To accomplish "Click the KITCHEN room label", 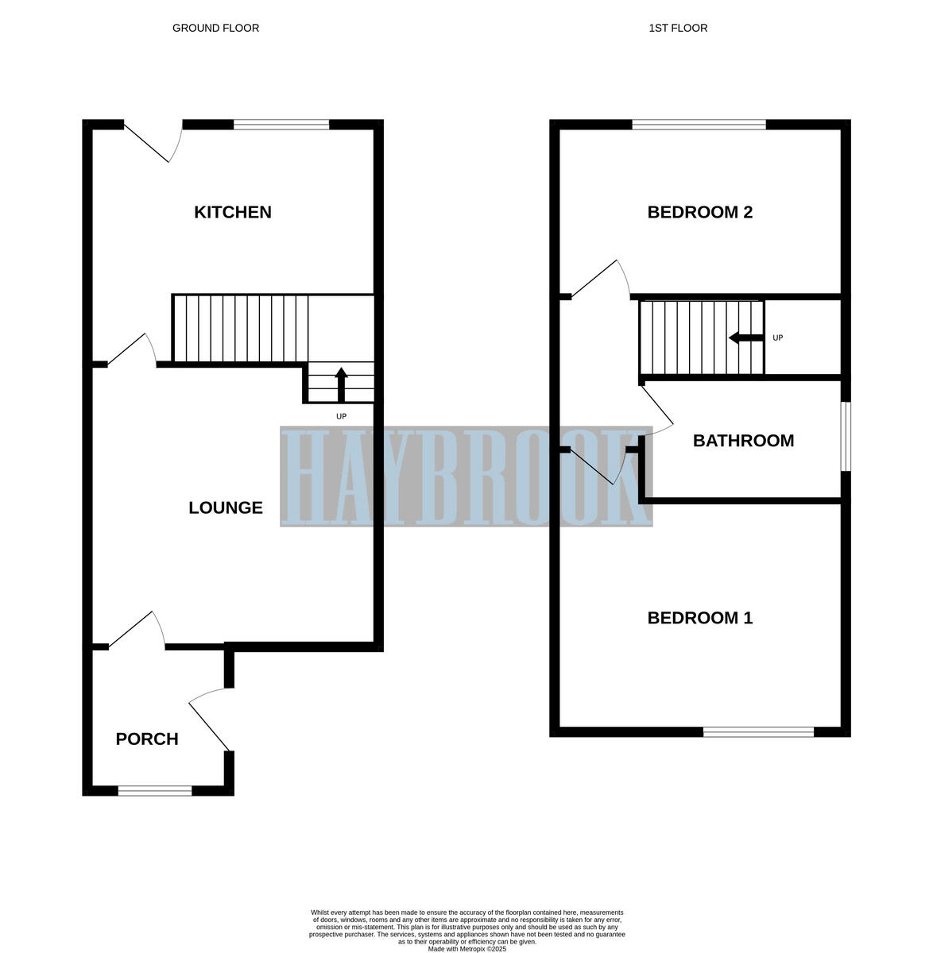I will pos(233,212).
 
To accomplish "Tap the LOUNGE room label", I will pos(226,507).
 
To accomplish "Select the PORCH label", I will pos(147,739).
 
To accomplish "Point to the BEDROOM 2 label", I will pos(700,212).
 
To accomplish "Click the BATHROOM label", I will pos(743,441).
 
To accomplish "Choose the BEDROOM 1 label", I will pos(700,618).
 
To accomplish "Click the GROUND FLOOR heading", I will pos(215,28).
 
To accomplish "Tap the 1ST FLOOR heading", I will pos(678,28).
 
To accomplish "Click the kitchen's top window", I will pos(281,124).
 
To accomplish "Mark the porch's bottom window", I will pos(155,790).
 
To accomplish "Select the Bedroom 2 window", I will pos(699,124).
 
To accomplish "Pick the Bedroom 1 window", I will pos(758,731).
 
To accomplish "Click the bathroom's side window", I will pos(846,436).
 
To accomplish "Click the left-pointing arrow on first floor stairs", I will pos(745,338).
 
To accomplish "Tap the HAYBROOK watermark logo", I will pos(466,476).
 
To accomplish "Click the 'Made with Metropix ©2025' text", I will pos(466,948).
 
